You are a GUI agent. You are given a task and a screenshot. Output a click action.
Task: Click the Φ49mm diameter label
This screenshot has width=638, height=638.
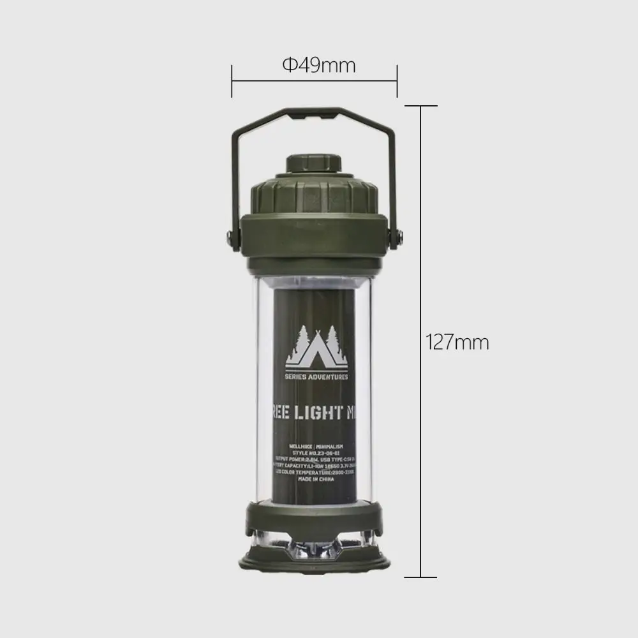click(x=318, y=65)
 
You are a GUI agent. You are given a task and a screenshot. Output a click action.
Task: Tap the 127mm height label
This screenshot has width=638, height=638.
click(x=457, y=343)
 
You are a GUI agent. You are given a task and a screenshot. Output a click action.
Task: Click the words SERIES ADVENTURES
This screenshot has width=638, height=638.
click(x=316, y=377)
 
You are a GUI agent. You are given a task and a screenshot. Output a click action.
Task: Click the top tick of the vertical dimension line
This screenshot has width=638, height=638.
click(x=420, y=106)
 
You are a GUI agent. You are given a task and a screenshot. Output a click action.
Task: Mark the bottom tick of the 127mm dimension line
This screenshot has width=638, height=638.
click(x=420, y=577)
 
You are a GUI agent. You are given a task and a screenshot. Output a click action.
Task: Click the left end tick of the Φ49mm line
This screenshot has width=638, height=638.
click(x=232, y=81)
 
